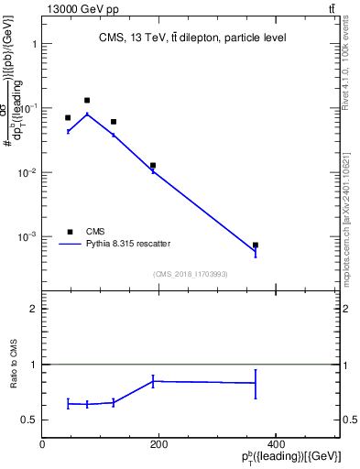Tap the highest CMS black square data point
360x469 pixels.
pos(87,100)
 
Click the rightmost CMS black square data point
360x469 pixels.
pos(256,245)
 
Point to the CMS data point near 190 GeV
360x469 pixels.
pos(153,166)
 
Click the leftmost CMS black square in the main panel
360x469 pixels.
pos(68,117)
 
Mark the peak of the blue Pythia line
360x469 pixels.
pos(87,114)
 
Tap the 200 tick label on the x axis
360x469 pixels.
pos(158,444)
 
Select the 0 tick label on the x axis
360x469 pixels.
pos(42,444)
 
